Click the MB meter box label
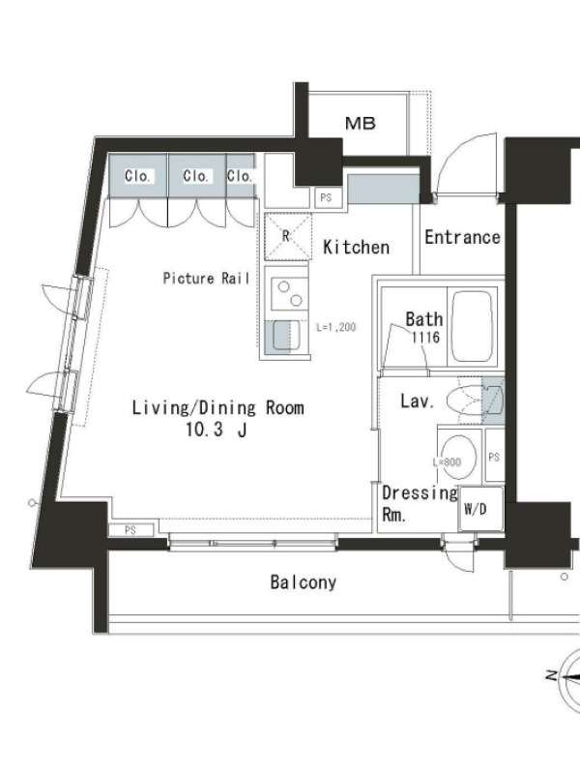click(x=361, y=123)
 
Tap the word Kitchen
click(x=356, y=247)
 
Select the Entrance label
click(x=462, y=237)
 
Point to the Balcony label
click(x=304, y=582)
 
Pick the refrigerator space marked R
click(x=288, y=236)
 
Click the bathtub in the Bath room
click(x=472, y=326)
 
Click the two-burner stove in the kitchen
click(x=288, y=294)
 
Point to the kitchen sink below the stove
click(x=282, y=337)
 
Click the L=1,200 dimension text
click(x=335, y=327)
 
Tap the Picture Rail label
click(x=206, y=279)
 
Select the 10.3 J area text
click(x=216, y=430)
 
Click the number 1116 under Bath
click(x=425, y=338)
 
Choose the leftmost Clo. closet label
click(x=137, y=176)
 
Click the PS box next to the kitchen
click(x=326, y=198)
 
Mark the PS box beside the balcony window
click(x=130, y=530)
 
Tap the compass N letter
click(x=552, y=675)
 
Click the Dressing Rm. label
click(x=420, y=503)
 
